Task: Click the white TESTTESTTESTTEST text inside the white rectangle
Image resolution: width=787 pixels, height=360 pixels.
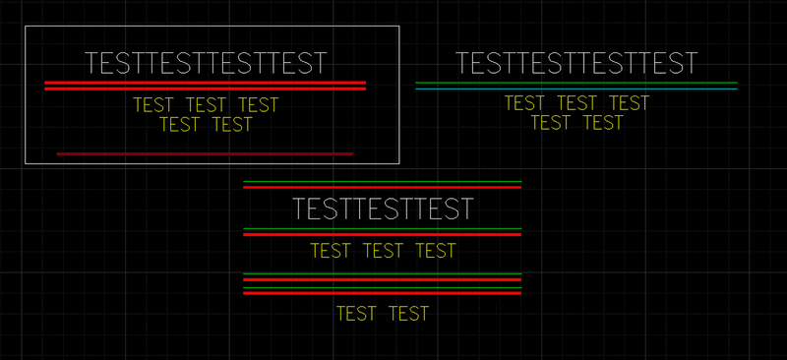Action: [x=205, y=63]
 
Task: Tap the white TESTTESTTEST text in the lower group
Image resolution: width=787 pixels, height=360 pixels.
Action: [x=383, y=210]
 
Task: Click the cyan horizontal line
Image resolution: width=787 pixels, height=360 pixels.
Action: [x=576, y=89]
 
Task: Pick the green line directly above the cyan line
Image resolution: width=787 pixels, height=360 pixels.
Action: [x=576, y=82]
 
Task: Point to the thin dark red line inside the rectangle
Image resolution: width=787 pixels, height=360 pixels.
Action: [x=205, y=153]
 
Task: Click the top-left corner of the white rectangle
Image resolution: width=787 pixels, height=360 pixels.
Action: [x=26, y=27]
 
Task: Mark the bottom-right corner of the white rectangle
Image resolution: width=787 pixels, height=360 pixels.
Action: [x=398, y=161]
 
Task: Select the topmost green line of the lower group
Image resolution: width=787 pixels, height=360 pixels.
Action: [x=382, y=182]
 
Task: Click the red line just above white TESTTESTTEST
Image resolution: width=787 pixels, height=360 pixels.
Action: [x=382, y=188]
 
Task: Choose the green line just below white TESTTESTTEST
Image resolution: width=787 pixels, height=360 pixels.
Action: [x=382, y=228]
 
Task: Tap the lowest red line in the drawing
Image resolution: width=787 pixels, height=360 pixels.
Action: [x=382, y=292]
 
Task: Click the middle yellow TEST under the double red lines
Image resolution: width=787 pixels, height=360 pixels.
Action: [x=206, y=105]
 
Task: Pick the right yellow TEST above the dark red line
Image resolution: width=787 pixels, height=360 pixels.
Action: [x=232, y=125]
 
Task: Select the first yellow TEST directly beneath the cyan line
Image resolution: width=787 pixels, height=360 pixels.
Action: [x=524, y=103]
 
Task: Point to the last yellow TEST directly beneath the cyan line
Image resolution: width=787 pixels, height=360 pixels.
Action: [x=630, y=103]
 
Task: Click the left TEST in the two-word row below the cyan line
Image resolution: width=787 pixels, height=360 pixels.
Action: [x=551, y=123]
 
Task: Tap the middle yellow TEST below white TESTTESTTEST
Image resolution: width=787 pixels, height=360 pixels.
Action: [x=383, y=251]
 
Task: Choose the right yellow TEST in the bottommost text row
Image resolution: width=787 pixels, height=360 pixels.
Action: [x=409, y=314]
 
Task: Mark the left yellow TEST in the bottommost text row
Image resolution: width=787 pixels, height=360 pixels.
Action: [x=356, y=314]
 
